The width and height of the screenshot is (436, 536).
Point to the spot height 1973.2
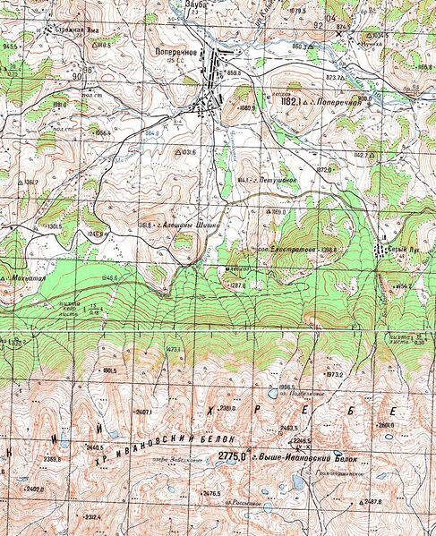[x=335, y=375]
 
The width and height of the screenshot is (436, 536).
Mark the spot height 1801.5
[x=109, y=370]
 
